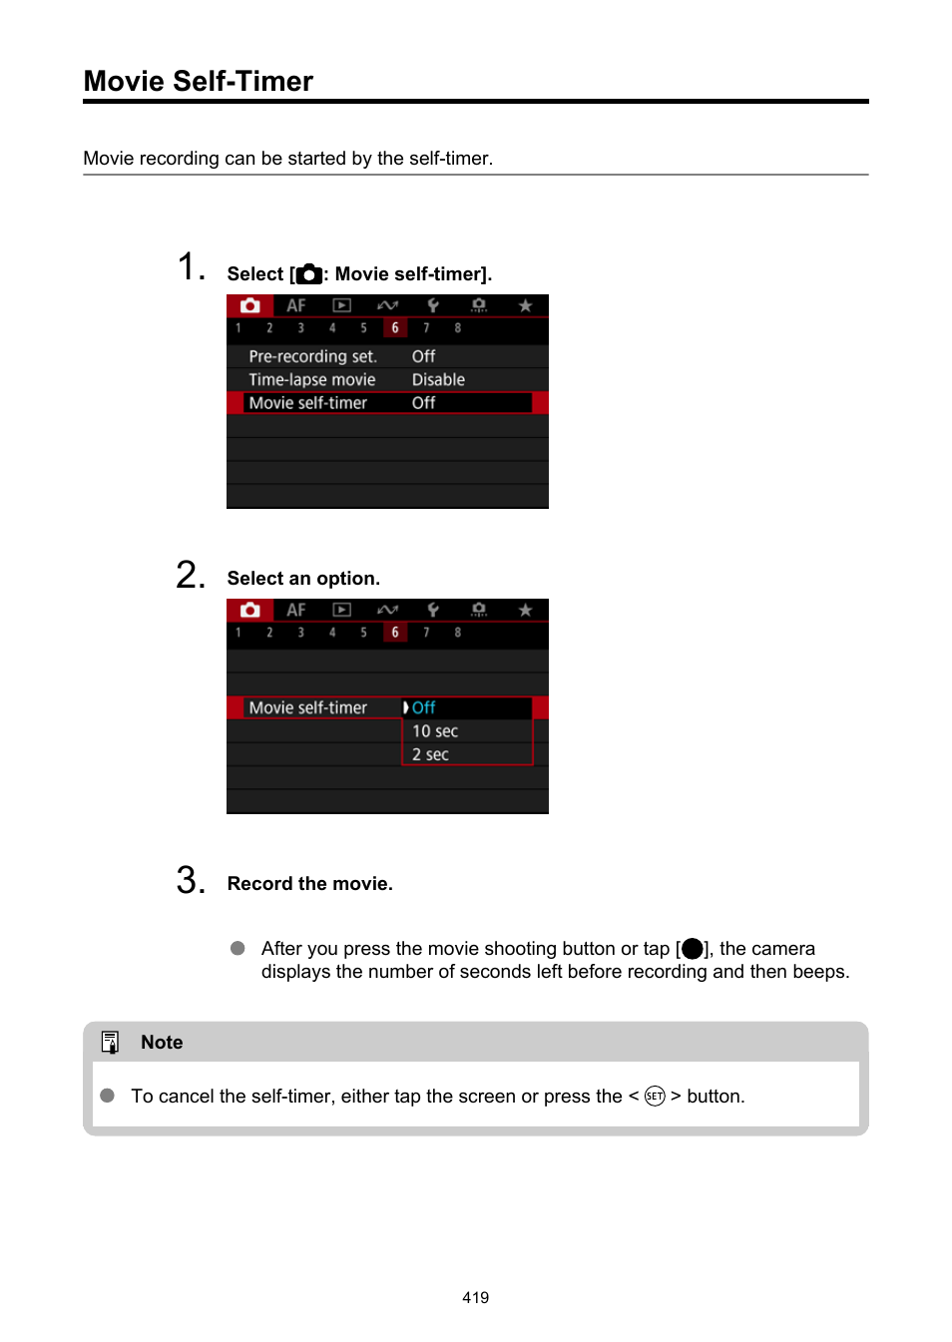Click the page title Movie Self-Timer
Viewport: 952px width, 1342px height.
pos(199,81)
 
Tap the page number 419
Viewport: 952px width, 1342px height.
pos(475,1297)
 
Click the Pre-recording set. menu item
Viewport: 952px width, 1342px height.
pos(312,356)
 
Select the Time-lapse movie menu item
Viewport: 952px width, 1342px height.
pos(312,379)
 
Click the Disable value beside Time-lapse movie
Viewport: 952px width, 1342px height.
pos(438,379)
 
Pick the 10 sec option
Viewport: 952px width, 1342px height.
pos(435,731)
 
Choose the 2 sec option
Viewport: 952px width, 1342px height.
pos(430,754)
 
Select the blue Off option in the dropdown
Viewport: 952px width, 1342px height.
pos(424,707)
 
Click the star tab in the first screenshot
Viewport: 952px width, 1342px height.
pos(525,305)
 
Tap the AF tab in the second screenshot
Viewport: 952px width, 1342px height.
pos(296,610)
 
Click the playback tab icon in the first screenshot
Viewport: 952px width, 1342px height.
pos(341,305)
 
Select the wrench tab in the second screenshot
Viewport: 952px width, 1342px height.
pos(433,610)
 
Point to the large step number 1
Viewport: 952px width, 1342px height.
pos(190,267)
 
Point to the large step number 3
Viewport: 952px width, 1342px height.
pos(190,880)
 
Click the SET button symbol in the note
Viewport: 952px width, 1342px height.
pos(655,1096)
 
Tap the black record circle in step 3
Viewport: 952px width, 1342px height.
pos(693,948)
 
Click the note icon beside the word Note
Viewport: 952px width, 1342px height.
pos(110,1042)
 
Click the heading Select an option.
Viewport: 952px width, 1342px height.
pos(303,579)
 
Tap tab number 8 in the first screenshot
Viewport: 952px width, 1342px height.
pos(458,328)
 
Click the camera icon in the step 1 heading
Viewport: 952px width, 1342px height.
pos(309,274)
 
